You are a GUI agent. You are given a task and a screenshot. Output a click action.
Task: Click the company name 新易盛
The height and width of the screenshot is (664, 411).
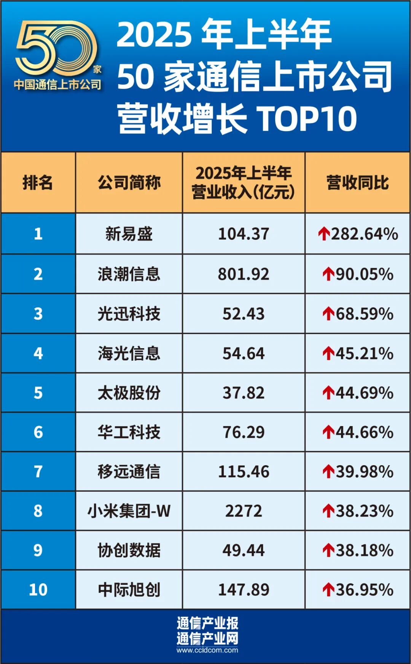[129, 234]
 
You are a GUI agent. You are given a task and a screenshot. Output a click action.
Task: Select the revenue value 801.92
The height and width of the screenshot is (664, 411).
[244, 274]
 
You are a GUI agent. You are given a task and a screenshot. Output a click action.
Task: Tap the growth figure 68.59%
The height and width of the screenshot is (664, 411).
[364, 314]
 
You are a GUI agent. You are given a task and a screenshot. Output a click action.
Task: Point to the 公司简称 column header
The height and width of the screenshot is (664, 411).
[129, 182]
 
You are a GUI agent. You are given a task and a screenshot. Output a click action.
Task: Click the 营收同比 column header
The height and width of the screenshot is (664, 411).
[357, 182]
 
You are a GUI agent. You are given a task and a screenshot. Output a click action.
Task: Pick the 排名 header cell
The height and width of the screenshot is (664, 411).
[38, 182]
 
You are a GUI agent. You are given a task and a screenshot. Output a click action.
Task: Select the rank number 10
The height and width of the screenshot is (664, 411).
[38, 590]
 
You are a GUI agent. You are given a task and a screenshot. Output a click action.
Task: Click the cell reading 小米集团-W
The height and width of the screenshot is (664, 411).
[129, 511]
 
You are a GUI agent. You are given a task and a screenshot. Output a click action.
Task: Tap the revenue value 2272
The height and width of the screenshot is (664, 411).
[244, 511]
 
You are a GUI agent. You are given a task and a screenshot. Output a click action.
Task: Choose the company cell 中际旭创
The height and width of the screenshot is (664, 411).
[129, 590]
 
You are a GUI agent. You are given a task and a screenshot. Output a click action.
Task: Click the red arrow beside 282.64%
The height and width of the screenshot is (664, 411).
[324, 234]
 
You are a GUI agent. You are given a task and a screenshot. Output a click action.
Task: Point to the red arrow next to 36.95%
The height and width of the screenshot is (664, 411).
[328, 590]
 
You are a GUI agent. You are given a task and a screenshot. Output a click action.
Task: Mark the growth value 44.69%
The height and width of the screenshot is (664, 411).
[364, 393]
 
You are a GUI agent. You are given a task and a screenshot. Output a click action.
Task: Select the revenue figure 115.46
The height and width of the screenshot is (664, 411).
[244, 472]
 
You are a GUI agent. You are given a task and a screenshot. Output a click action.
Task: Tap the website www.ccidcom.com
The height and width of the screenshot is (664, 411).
[207, 650]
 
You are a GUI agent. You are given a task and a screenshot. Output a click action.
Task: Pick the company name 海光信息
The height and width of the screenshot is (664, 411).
[129, 353]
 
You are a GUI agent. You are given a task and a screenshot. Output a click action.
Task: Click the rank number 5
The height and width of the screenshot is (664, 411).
[38, 393]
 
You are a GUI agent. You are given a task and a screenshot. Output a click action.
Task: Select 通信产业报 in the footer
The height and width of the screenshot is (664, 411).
[207, 623]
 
